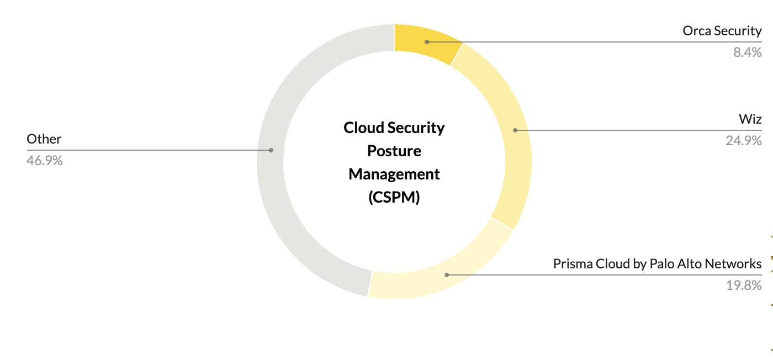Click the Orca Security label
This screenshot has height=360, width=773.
pos(722,31)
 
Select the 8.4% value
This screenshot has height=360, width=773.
pos(748,52)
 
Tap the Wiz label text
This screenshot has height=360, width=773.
pos(750,119)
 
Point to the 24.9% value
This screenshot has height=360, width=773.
pos(744,140)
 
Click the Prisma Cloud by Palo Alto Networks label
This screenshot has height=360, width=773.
pos(658,264)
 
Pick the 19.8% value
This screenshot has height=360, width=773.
pos(744,285)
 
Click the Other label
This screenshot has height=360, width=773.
pos(44,139)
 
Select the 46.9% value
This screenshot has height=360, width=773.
pos(45,161)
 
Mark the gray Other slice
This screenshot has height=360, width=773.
pos(271,150)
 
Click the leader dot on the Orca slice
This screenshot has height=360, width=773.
pos(427,42)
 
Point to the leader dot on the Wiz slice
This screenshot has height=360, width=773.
pos(515,130)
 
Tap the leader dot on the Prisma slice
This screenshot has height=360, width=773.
pos(447,275)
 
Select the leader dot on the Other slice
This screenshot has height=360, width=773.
pos(271,150)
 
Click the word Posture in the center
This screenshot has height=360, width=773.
pos(394,151)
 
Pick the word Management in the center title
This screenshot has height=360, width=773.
pos(394,174)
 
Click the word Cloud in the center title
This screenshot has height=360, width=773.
pos(364,128)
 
